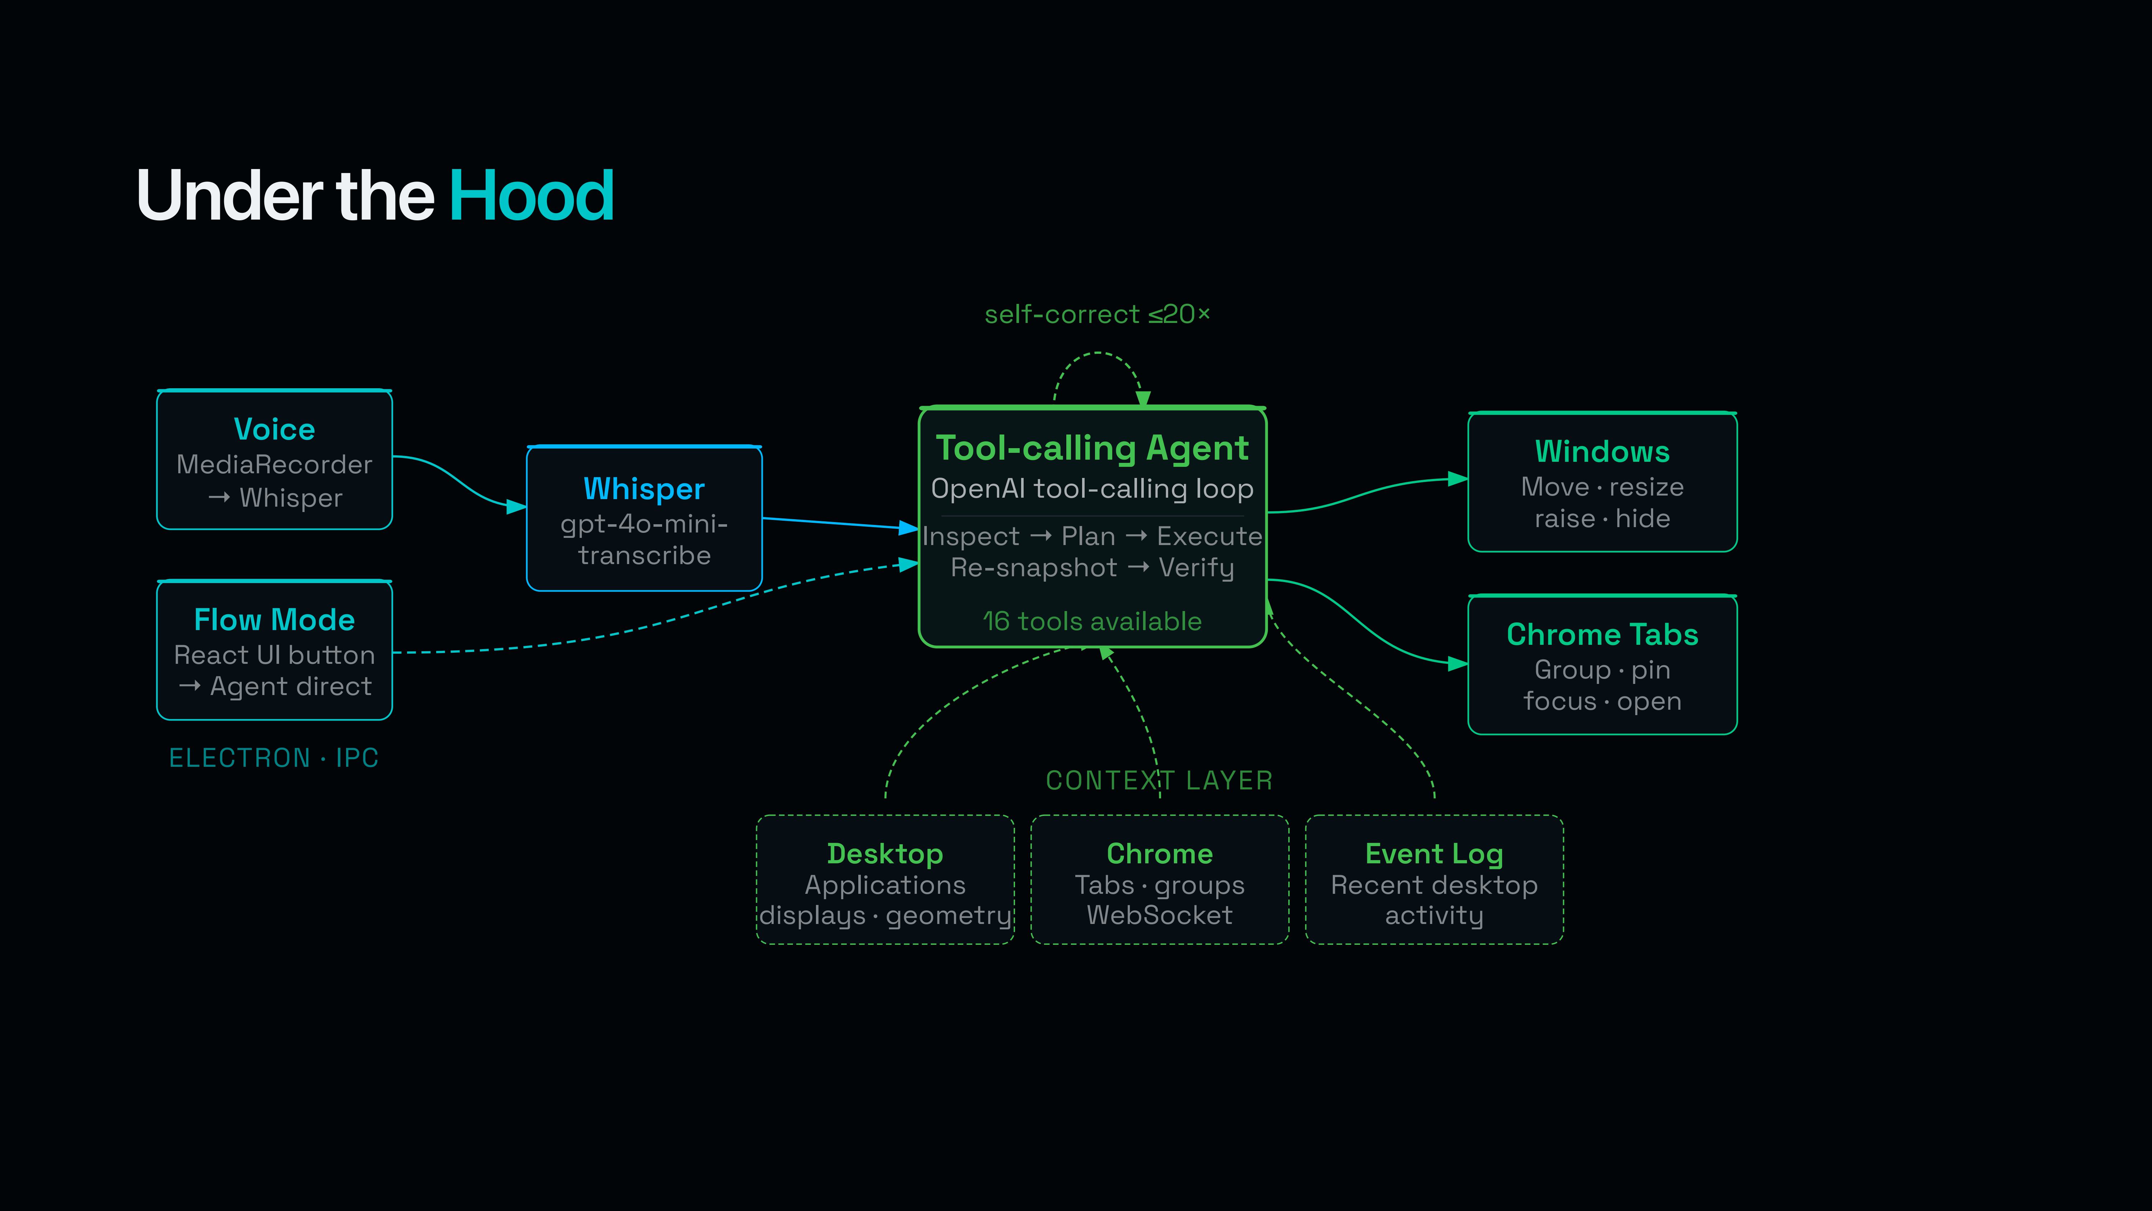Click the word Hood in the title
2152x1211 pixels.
[531, 196]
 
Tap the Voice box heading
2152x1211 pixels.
[274, 430]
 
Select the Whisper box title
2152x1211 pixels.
[644, 489]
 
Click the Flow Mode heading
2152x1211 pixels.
[274, 620]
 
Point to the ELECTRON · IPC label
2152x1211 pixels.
[274, 758]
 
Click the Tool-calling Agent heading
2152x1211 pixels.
[1092, 449]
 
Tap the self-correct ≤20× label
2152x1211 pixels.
[1097, 314]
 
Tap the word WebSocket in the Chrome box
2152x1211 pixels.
[1160, 915]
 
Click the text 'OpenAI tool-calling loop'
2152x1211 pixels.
[1092, 489]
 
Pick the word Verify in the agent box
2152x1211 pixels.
[1196, 568]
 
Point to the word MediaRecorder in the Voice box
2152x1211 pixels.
[274, 465]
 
